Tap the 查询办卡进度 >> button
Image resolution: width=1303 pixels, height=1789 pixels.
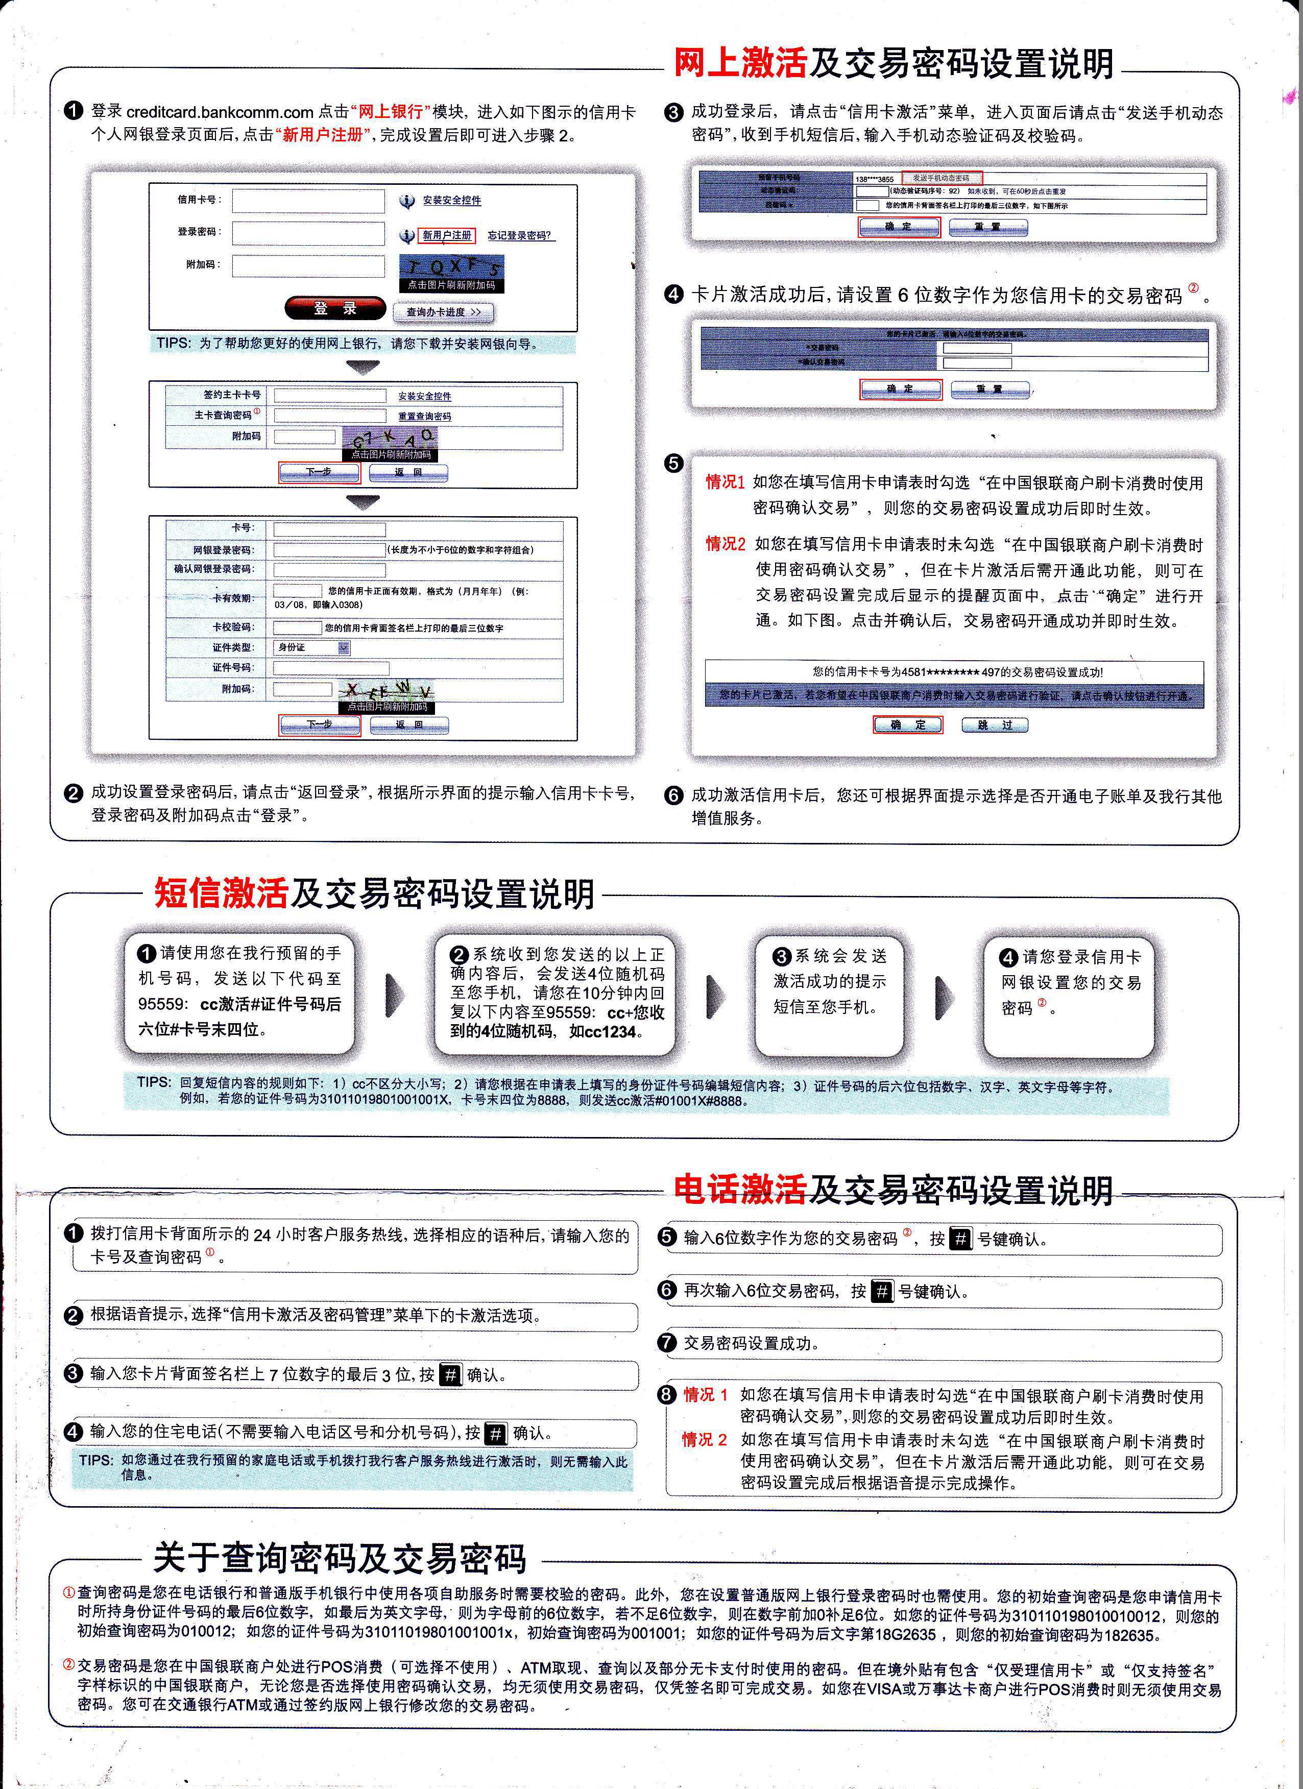443,312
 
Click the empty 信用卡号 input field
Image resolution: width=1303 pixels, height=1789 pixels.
307,200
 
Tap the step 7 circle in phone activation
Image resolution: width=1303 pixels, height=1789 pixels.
667,1343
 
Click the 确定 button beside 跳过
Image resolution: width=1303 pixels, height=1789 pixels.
908,725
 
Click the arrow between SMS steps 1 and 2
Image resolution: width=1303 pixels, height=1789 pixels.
394,996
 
